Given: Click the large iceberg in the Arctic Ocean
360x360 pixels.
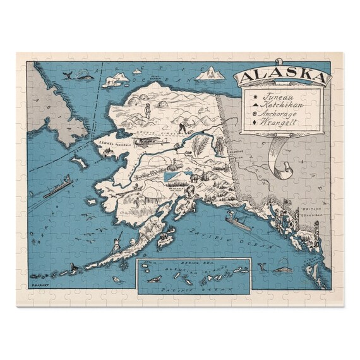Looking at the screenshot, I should [x=210, y=74].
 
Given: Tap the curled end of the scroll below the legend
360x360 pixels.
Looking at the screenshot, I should [x=285, y=167].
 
